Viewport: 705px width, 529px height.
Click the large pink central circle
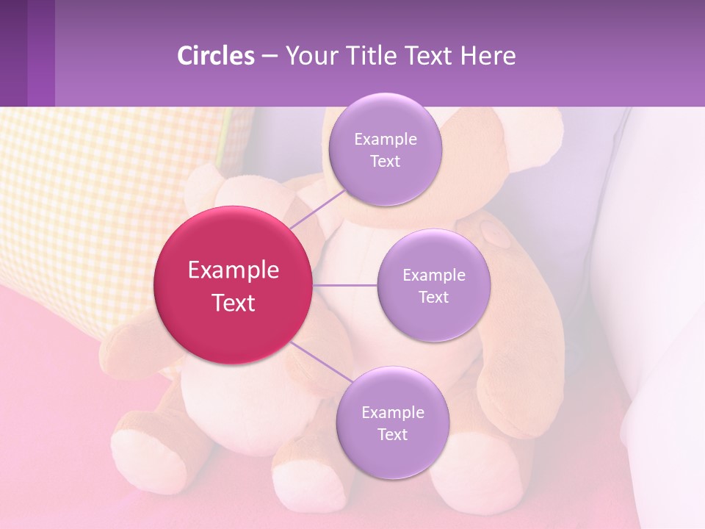[x=234, y=285]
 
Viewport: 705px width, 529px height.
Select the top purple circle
[x=385, y=149]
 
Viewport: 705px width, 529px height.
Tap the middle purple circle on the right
[x=433, y=285]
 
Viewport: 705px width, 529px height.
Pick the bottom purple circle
[x=392, y=422]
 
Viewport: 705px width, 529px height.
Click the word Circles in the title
[x=216, y=56]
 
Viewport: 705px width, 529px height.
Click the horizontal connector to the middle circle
[x=345, y=285]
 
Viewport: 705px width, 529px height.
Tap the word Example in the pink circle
[x=234, y=270]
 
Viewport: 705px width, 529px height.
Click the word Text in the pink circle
[x=234, y=303]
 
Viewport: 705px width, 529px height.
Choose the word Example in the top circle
[x=386, y=139]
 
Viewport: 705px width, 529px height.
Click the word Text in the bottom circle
[x=392, y=434]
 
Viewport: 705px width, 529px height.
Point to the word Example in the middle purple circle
[x=434, y=275]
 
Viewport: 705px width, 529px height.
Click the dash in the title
[x=270, y=56]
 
